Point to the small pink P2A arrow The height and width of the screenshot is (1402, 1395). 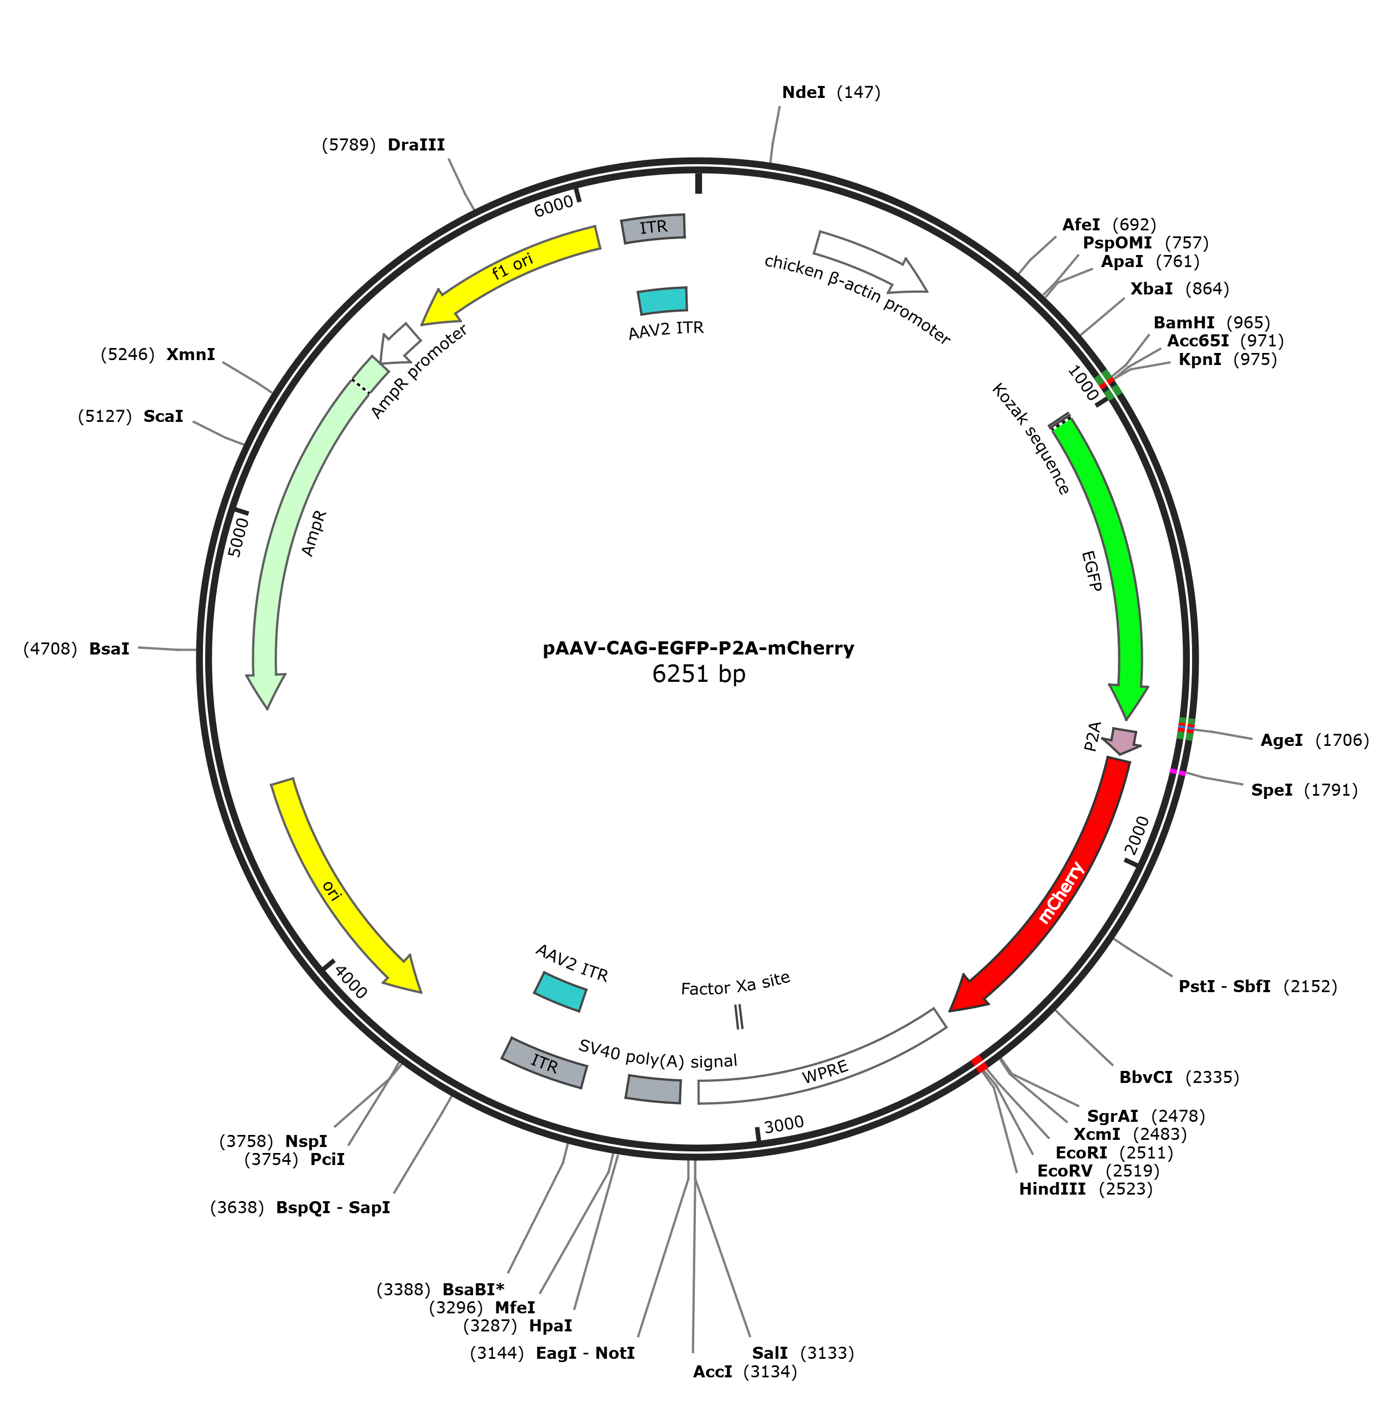click(1121, 741)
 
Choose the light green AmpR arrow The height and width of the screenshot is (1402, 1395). click(305, 530)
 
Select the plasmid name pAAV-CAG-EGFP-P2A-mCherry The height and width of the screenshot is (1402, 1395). click(699, 648)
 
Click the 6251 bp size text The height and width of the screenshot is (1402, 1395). click(699, 674)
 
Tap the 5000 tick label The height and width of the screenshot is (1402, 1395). click(238, 537)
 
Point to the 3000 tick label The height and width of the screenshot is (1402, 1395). click(784, 1124)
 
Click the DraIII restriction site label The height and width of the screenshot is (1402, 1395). click(383, 145)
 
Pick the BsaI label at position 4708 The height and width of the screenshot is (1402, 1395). click(76, 649)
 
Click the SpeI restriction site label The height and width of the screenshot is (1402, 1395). click(1304, 790)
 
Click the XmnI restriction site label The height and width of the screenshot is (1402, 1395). click(158, 355)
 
